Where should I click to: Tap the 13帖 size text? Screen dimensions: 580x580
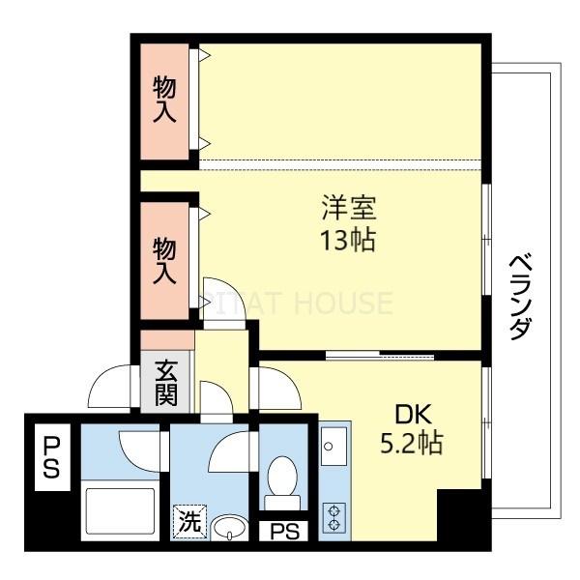tap(349, 239)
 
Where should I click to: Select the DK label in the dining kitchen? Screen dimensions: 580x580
tap(410, 413)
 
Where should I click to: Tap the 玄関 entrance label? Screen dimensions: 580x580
tap(165, 382)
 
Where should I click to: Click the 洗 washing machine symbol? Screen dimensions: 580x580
tap(189, 522)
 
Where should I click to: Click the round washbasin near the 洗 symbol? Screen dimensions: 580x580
tap(229, 527)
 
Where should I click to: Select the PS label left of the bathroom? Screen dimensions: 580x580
tap(50, 457)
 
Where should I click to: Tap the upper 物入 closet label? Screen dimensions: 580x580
tap(165, 101)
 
